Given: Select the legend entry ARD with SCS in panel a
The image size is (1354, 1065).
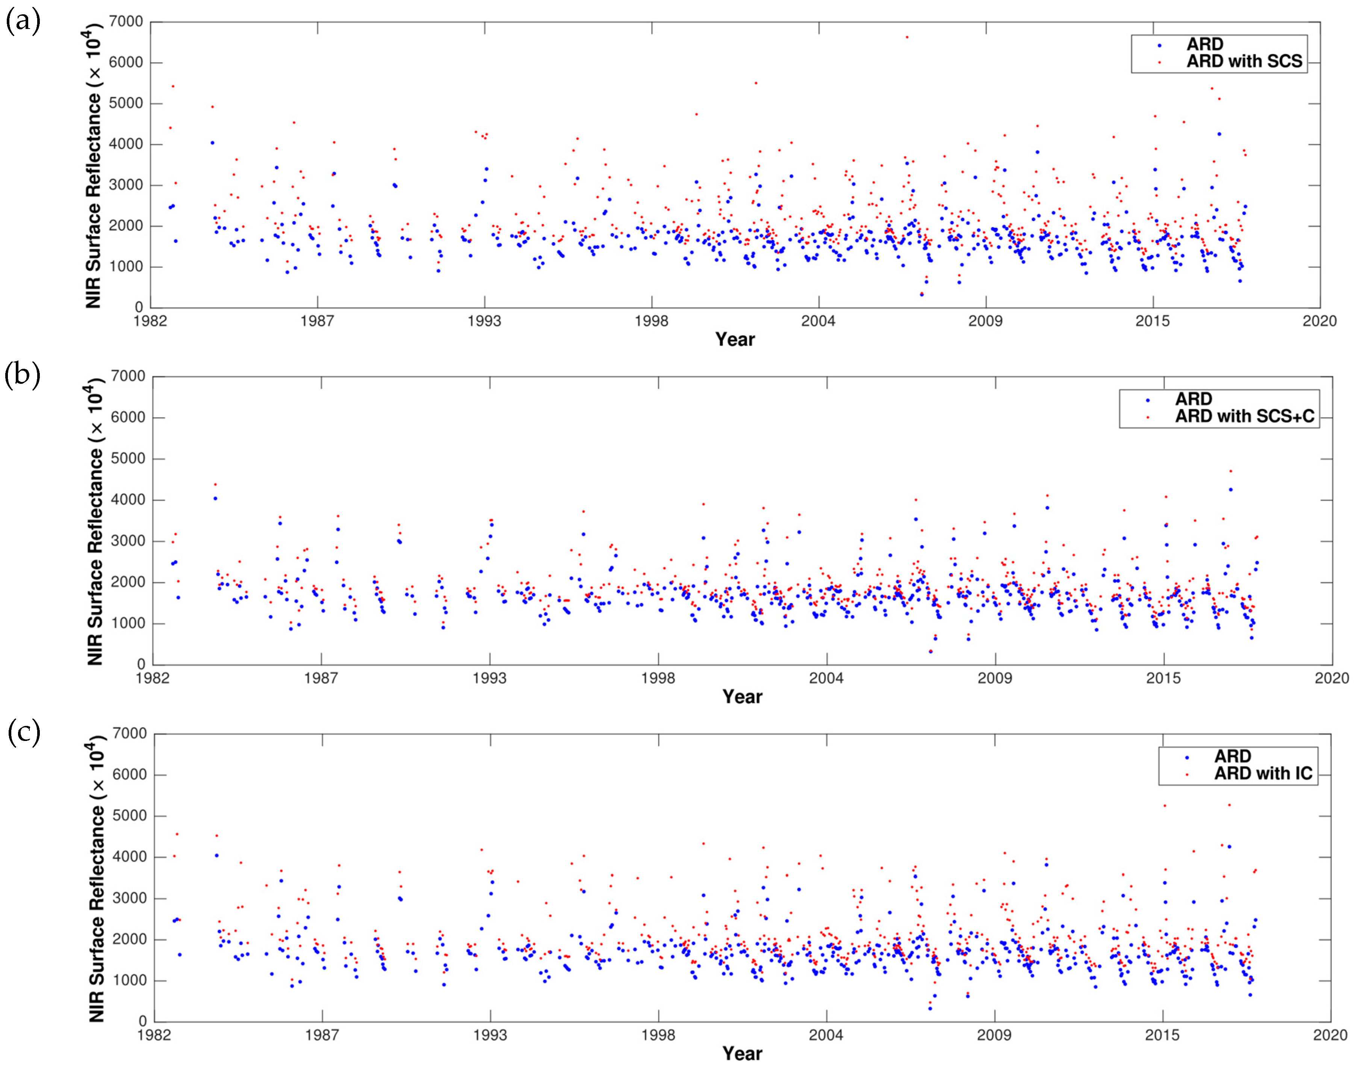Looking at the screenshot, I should (x=1244, y=62).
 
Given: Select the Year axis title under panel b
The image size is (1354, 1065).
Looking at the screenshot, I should (x=742, y=697).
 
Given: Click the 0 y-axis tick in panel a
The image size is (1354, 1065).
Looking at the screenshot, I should (x=138, y=308).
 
